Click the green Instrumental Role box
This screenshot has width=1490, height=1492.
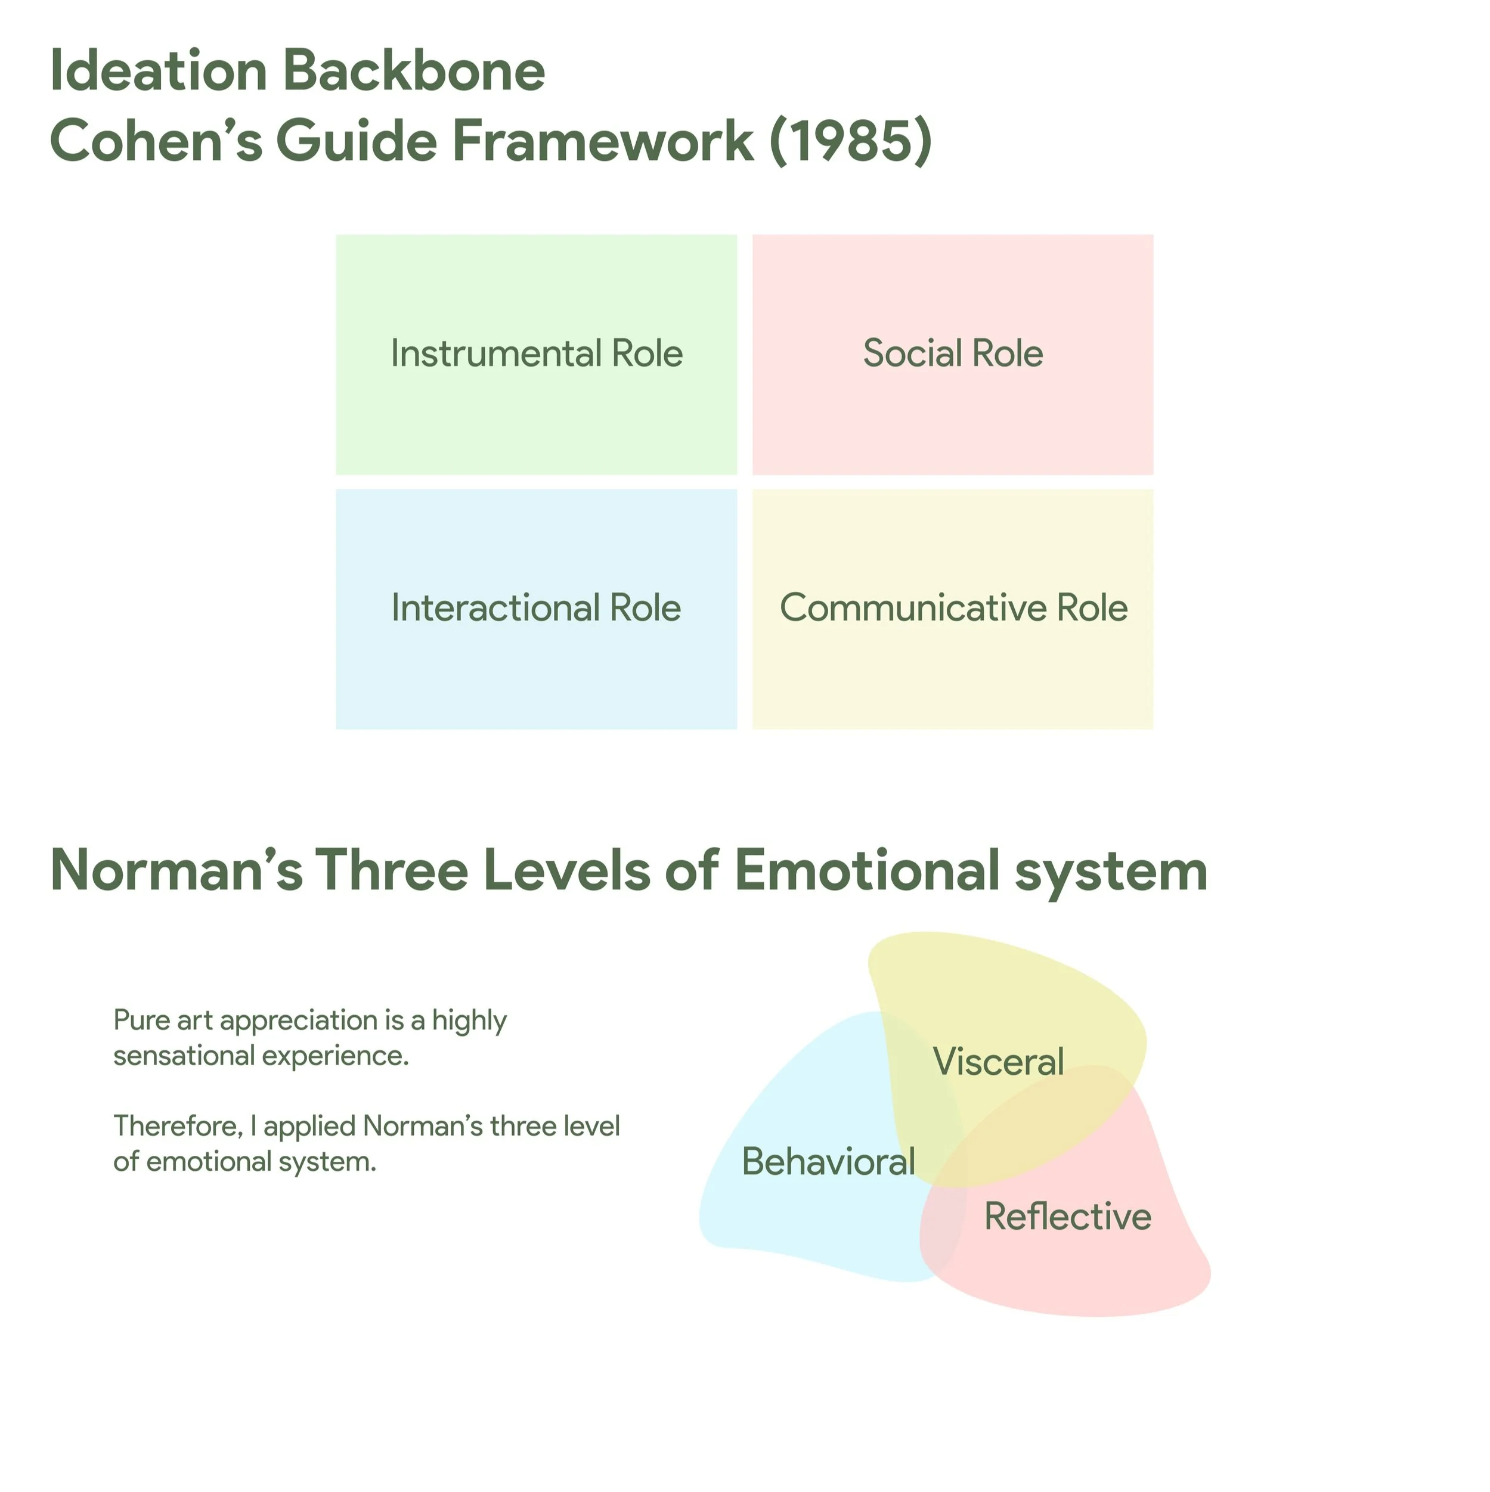click(x=536, y=355)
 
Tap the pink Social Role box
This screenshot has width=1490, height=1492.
click(x=952, y=355)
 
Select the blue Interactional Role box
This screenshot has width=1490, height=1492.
click(x=536, y=609)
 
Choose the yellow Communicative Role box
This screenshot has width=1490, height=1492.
click(x=952, y=609)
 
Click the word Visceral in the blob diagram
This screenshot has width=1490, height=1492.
click(x=998, y=1061)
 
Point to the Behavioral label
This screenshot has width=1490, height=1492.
click(x=828, y=1162)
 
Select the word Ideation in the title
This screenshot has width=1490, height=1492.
click(x=159, y=71)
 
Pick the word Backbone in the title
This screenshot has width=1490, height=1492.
click(x=414, y=71)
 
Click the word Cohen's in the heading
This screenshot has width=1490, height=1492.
click(x=155, y=141)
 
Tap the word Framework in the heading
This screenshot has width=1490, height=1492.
click(x=602, y=141)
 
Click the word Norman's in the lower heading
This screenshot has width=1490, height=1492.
click(x=176, y=870)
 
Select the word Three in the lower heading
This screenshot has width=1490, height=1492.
click(x=392, y=870)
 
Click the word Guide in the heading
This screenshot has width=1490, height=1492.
click(x=357, y=141)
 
